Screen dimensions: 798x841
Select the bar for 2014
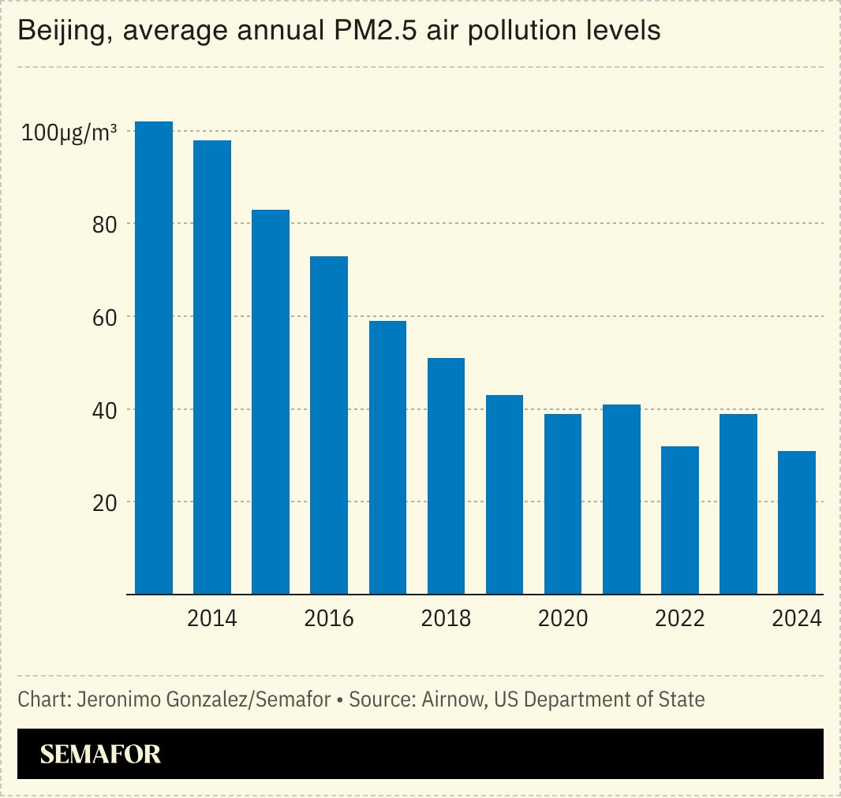click(x=212, y=367)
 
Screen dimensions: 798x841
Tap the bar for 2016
click(x=329, y=425)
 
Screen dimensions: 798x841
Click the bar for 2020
click(x=563, y=504)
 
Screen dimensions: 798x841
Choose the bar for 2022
click(x=679, y=520)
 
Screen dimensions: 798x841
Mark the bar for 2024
click(x=797, y=522)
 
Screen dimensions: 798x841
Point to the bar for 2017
click(x=387, y=457)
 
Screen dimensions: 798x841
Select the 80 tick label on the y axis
click(x=104, y=225)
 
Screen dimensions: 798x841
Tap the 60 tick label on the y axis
click(x=104, y=317)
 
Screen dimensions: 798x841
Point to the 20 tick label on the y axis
click(x=104, y=502)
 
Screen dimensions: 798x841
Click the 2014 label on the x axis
click(x=212, y=618)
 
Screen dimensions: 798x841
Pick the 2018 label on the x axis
click(x=446, y=618)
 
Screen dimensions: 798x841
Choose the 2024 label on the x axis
click(x=797, y=618)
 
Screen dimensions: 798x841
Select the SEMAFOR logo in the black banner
click(x=100, y=755)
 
